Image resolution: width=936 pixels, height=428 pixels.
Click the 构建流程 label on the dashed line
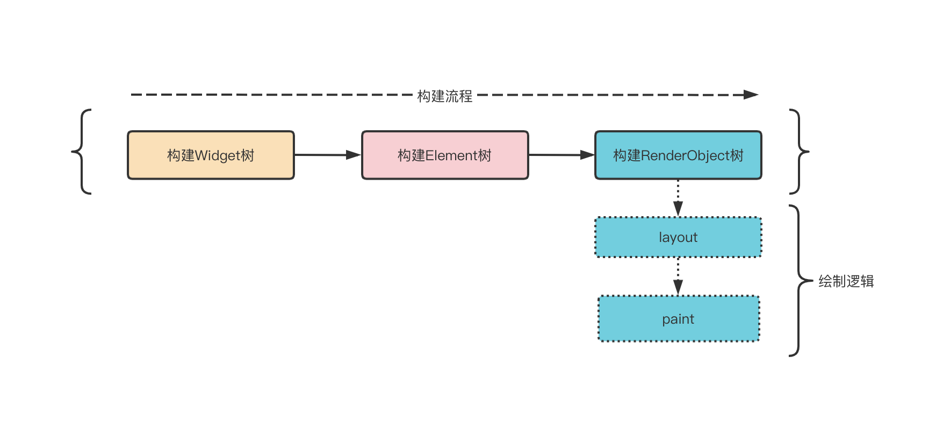click(x=445, y=96)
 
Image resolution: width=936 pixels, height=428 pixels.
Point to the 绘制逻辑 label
click(x=846, y=281)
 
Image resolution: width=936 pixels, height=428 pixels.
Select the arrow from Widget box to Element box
click(x=327, y=155)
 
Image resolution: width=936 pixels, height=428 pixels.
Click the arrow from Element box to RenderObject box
click(x=561, y=155)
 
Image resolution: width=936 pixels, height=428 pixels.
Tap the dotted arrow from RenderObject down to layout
click(x=678, y=198)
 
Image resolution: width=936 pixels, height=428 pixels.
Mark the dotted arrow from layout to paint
click(x=678, y=276)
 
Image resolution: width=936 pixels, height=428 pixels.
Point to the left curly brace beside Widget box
click(x=81, y=152)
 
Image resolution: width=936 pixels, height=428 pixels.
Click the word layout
click(x=678, y=238)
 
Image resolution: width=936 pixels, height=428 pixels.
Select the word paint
click(x=678, y=319)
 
